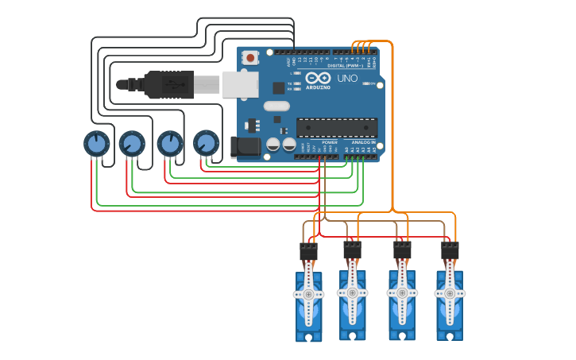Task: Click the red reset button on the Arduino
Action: tap(250, 57)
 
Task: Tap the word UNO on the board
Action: tap(347, 79)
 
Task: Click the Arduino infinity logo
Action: tap(318, 78)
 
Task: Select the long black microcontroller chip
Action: tap(337, 127)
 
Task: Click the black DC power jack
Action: tap(245, 146)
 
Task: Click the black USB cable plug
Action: tap(168, 84)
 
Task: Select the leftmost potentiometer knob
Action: tap(96, 144)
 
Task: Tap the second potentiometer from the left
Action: tap(132, 144)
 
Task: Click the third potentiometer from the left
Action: tap(169, 144)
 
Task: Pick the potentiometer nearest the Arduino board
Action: tap(206, 143)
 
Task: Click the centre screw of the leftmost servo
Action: tap(308, 294)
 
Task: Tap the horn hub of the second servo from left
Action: tap(352, 292)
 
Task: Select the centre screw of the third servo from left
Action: tap(402, 292)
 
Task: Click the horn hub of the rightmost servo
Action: tap(450, 292)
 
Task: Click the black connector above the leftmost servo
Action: tap(308, 251)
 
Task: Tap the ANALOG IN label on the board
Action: tap(364, 142)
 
